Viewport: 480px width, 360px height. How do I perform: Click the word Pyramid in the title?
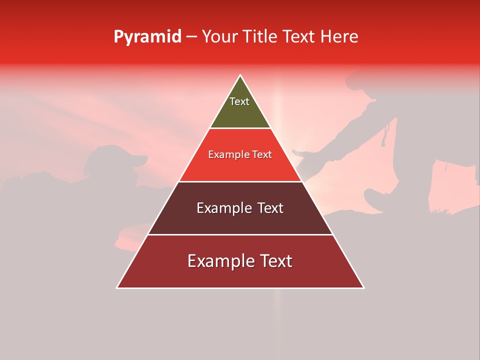(147, 37)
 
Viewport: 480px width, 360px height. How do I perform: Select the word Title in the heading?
(262, 37)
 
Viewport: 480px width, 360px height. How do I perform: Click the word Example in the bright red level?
(225, 155)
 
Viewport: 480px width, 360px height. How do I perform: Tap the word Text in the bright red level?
(262, 155)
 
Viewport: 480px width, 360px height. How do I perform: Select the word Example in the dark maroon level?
(221, 208)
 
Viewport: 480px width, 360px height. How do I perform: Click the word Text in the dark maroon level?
(270, 208)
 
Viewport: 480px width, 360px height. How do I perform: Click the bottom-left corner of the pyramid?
(117, 288)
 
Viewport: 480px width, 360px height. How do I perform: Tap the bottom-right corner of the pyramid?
(363, 288)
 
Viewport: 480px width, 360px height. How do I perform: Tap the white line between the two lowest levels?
(240, 234)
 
